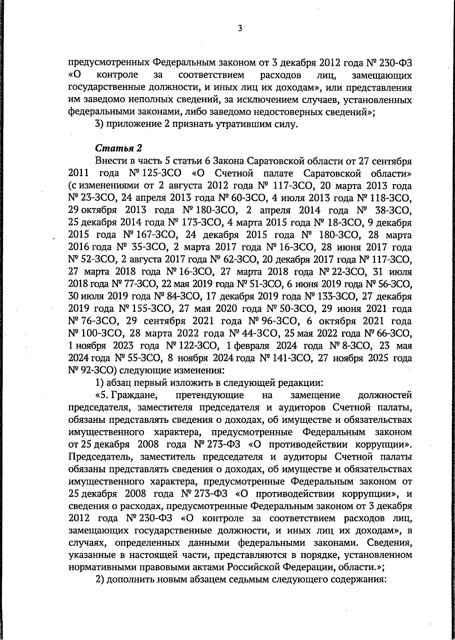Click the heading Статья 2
point(113,147)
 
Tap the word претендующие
point(210,396)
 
